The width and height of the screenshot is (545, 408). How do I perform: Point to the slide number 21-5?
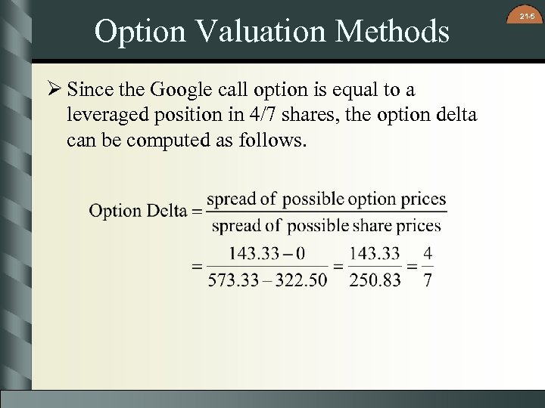[x=527, y=14]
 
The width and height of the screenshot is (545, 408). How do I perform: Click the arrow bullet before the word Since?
[x=54, y=90]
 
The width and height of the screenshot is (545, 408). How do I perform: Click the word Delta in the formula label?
[x=167, y=211]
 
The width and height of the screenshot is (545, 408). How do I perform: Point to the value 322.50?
[x=301, y=280]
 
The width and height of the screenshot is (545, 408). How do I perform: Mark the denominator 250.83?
[x=376, y=280]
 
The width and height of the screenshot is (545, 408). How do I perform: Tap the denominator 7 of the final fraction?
[x=428, y=280]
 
